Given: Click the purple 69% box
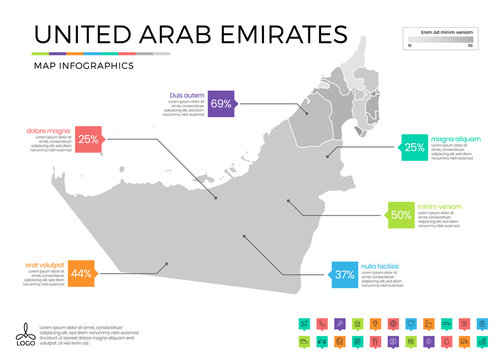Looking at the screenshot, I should click(x=221, y=103).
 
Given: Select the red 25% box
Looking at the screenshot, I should click(x=88, y=140).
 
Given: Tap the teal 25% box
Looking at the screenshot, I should click(x=413, y=148).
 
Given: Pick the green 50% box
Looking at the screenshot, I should click(x=401, y=214).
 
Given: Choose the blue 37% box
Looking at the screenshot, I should click(x=345, y=274).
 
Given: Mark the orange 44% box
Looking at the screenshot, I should click(x=82, y=273).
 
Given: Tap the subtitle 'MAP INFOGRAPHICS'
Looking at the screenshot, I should click(x=84, y=66).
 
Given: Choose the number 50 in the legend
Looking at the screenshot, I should click(x=470, y=46).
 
